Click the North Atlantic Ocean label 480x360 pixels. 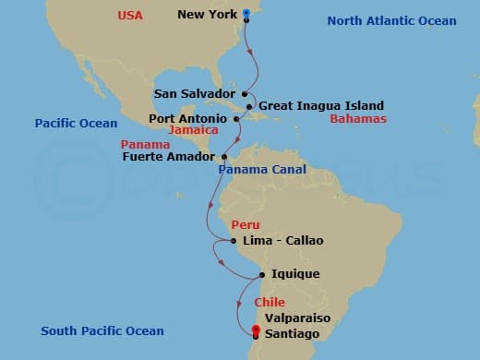(392, 21)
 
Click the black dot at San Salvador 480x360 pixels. (245, 93)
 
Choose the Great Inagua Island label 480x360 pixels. (320, 106)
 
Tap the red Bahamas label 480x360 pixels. (359, 119)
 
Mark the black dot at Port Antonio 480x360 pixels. (236, 118)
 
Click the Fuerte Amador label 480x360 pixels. (168, 157)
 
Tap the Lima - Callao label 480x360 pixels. (283, 241)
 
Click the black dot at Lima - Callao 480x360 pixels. (235, 242)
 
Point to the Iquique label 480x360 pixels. (295, 274)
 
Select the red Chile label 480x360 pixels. (269, 303)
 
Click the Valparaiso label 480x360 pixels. (297, 318)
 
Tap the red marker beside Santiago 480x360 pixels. (256, 331)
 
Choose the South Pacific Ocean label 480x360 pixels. (102, 331)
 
